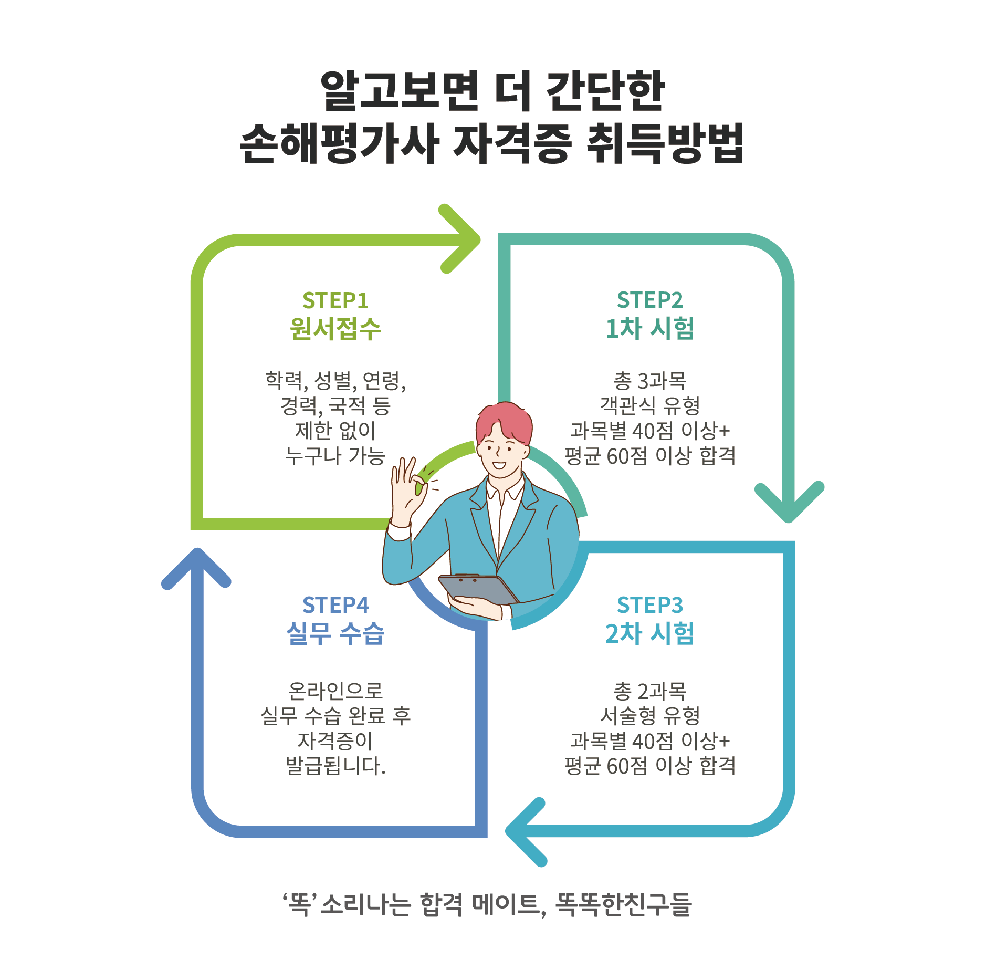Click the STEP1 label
click(x=335, y=300)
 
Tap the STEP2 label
click(x=649, y=300)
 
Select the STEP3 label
click(x=649, y=605)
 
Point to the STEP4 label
click(x=335, y=605)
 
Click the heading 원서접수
click(x=335, y=329)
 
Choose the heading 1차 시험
click(x=649, y=329)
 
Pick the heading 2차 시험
click(x=649, y=633)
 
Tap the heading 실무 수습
click(x=335, y=633)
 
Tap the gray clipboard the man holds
click(x=478, y=589)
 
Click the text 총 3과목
click(x=649, y=380)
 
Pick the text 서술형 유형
click(x=649, y=715)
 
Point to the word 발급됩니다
click(x=335, y=766)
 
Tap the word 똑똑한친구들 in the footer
click(x=623, y=904)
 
